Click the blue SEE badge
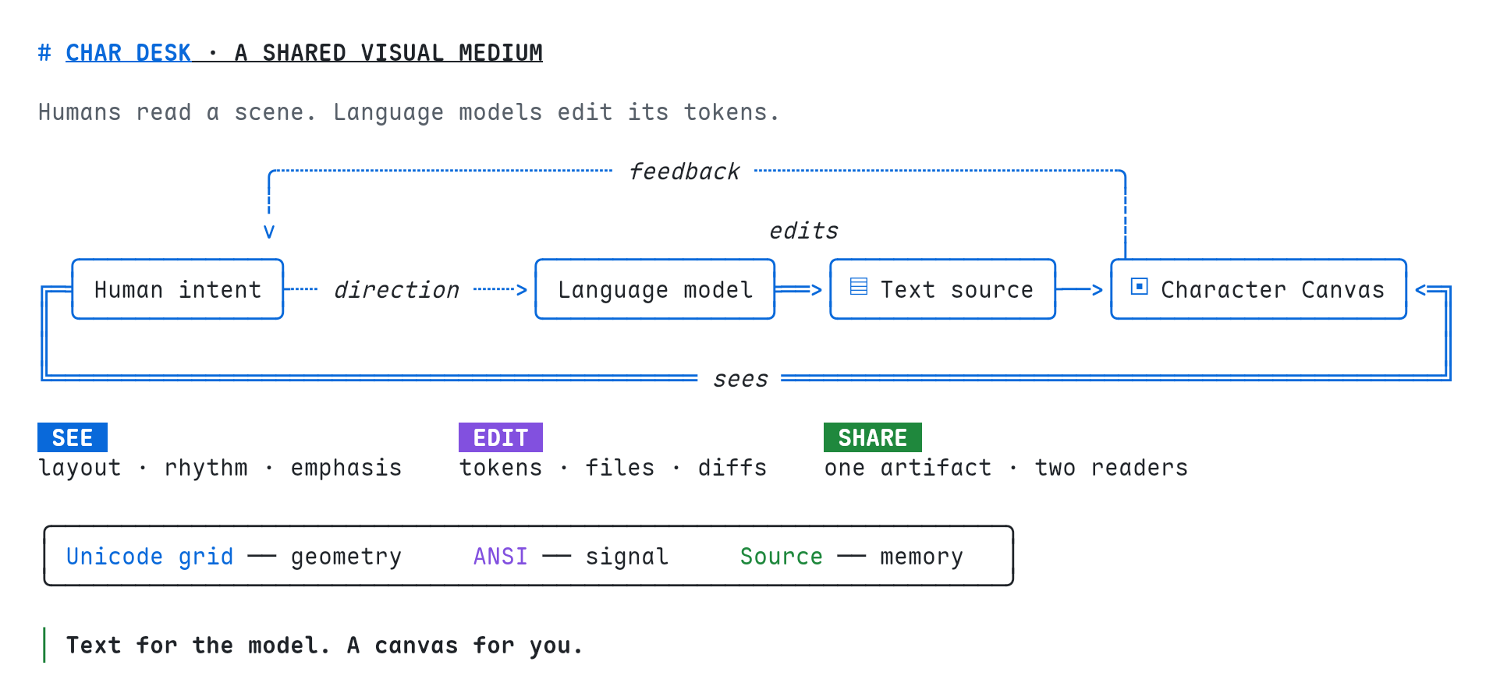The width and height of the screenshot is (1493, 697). tap(73, 437)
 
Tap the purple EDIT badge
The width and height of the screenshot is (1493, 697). tap(501, 437)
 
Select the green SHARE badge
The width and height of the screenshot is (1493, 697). tap(873, 437)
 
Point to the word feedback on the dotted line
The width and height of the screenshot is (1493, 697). tap(684, 172)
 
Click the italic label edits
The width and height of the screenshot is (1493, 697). tap(803, 231)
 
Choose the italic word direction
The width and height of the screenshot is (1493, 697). tap(396, 290)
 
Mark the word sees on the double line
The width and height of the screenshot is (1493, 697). tap(740, 380)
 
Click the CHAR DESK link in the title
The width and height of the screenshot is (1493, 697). tap(128, 53)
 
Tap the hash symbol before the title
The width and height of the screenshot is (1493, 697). tap(44, 53)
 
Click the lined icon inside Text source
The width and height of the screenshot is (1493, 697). tap(859, 287)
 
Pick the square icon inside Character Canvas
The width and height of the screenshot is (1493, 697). tap(1140, 287)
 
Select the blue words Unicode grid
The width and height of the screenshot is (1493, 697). tap(150, 557)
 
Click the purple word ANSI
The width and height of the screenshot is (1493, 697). tap(501, 557)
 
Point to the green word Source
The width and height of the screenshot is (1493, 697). tap(782, 557)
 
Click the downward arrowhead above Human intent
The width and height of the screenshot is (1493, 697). tap(269, 232)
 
